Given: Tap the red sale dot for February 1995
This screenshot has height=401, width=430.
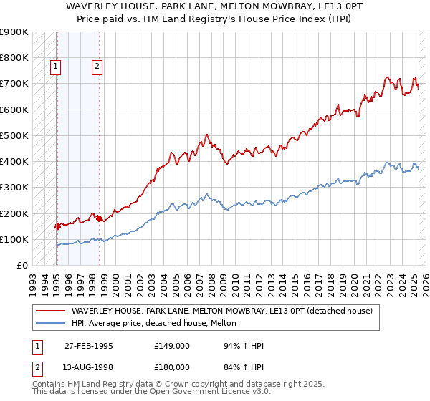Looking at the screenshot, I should coord(57,226).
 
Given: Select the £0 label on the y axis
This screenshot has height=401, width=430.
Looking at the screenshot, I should coord(21,265).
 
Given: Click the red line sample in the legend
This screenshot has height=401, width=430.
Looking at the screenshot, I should coord(50,311).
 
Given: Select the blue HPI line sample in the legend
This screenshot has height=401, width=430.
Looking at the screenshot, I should coord(50,323).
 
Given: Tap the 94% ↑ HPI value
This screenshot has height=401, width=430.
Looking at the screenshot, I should coord(234,347).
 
